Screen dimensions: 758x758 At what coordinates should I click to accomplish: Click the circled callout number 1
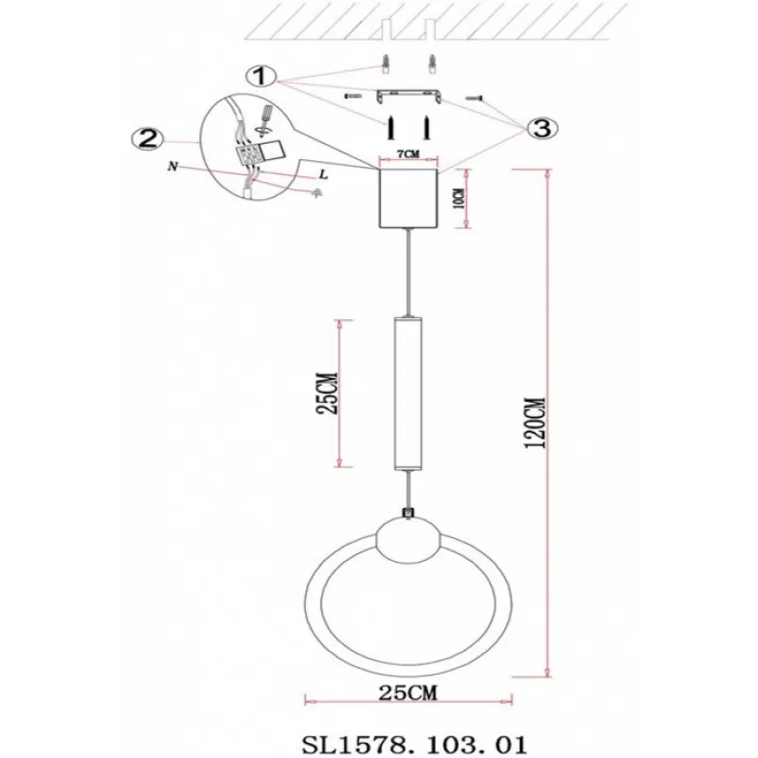[x=261, y=76]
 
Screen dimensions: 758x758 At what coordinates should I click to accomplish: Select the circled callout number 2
[x=148, y=138]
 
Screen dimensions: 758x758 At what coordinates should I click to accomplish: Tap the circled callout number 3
[x=542, y=128]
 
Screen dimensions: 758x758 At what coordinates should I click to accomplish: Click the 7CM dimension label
[x=408, y=153]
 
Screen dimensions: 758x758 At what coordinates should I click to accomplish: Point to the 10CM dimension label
[x=460, y=198]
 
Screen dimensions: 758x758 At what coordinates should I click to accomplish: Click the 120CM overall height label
[x=535, y=423]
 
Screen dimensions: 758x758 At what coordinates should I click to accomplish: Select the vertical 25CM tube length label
[x=326, y=393]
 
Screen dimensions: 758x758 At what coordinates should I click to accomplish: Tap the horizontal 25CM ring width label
[x=407, y=693]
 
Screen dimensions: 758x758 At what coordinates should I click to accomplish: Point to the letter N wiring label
[x=172, y=167]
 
